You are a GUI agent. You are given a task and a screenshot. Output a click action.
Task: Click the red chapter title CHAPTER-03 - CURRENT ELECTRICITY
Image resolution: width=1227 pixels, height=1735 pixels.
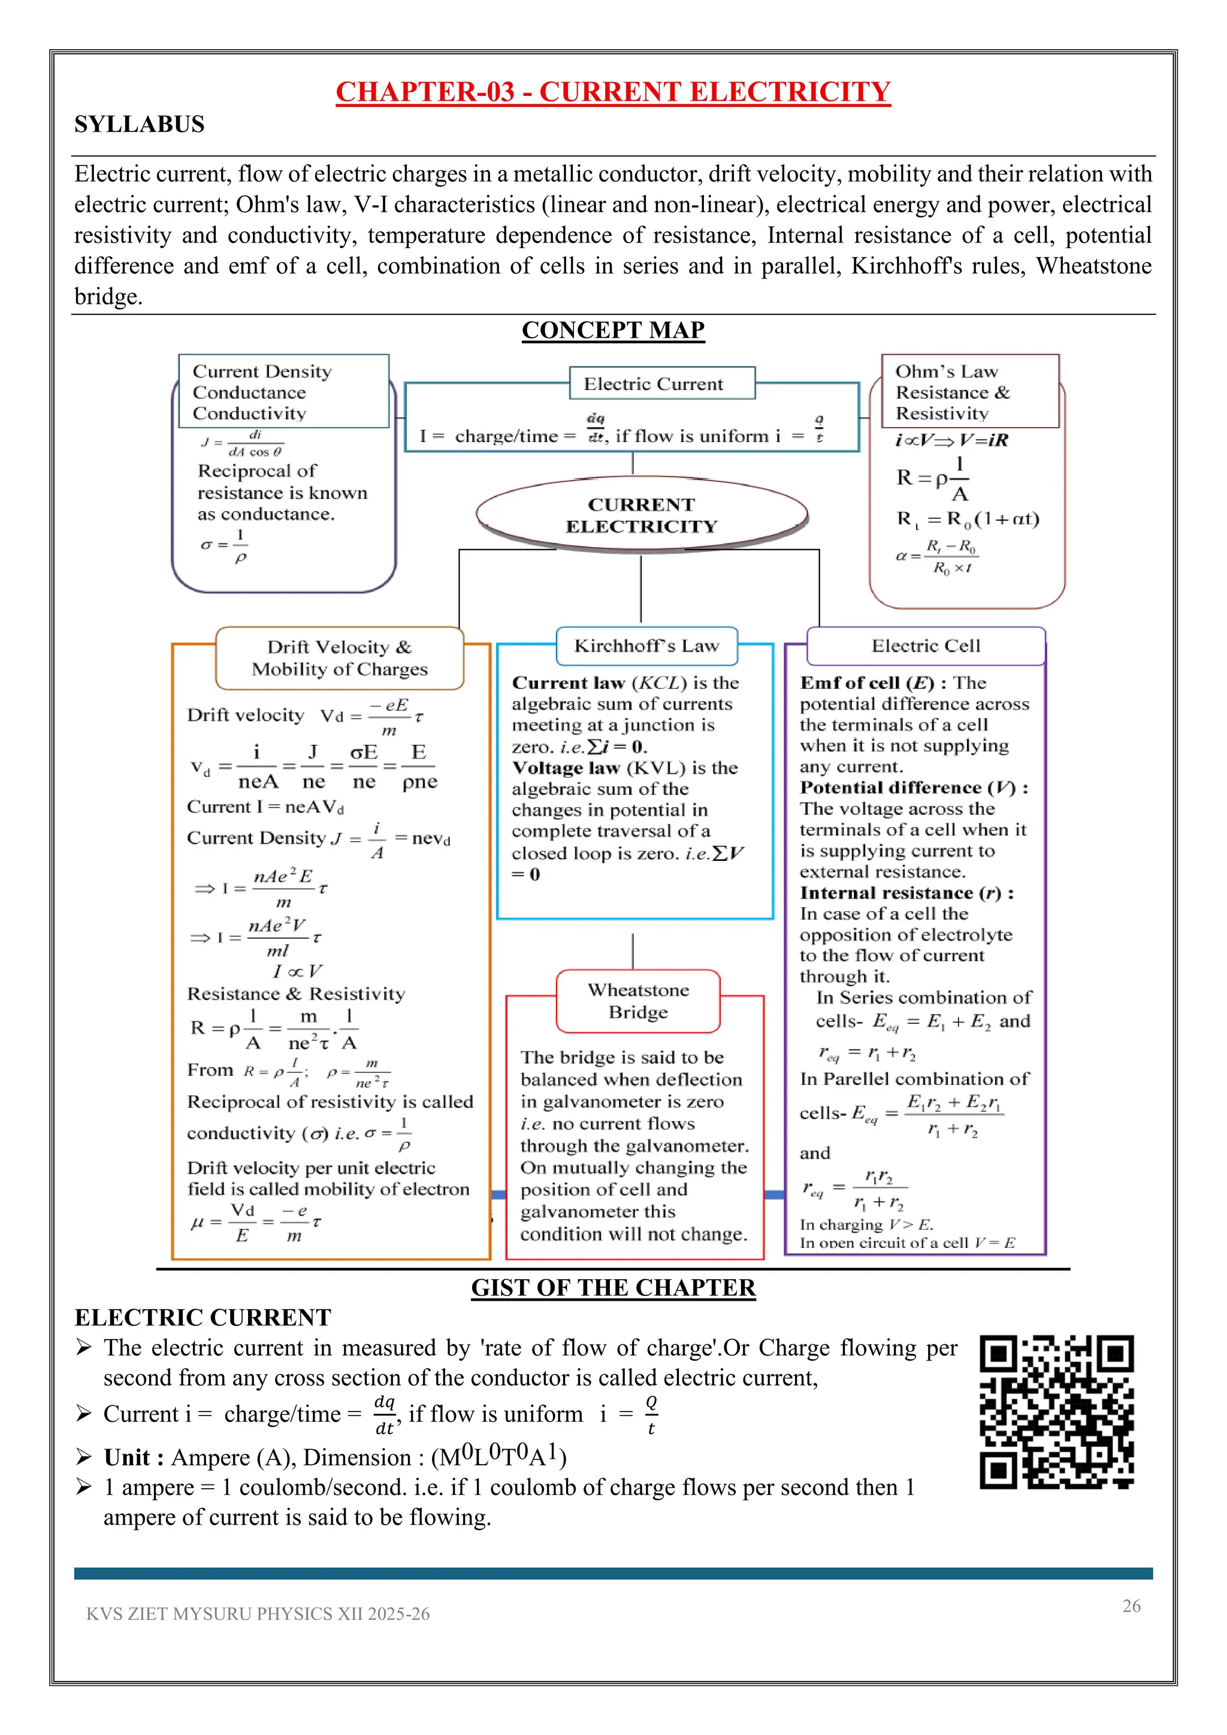[x=613, y=92]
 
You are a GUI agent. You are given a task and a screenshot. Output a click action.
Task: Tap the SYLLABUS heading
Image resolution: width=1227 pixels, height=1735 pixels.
[x=139, y=124]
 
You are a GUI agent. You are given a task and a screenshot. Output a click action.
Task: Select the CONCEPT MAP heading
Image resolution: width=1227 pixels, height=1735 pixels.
[x=613, y=330]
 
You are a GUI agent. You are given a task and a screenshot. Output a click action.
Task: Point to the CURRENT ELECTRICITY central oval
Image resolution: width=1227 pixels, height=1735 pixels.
[x=642, y=515]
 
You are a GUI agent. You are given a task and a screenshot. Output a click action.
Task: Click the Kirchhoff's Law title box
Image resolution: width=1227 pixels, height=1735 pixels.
[x=646, y=646]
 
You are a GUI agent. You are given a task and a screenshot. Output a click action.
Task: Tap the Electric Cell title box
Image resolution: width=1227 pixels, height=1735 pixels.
[x=926, y=646]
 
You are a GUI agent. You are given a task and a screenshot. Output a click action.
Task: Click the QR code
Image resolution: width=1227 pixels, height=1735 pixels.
[x=1056, y=1411]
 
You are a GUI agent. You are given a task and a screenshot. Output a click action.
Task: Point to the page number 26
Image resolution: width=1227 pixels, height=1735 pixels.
[x=1131, y=1606]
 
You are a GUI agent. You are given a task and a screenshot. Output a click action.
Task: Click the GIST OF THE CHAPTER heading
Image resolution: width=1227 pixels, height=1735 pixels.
[x=613, y=1287]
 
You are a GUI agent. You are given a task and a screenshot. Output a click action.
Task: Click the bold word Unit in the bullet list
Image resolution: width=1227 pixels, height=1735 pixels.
[x=127, y=1457]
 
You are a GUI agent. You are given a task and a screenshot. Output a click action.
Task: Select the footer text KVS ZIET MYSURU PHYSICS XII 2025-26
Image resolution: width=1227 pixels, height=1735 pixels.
[x=258, y=1614]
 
